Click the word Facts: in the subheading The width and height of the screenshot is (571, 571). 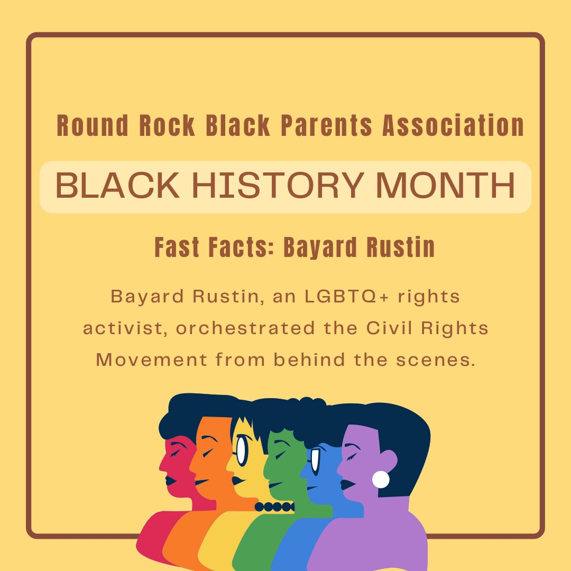(x=243, y=247)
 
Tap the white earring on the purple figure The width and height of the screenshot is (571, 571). (x=381, y=480)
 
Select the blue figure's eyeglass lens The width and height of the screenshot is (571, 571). (x=316, y=462)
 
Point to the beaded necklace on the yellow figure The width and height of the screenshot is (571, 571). (x=274, y=506)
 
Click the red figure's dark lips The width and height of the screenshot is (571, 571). (x=170, y=480)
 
